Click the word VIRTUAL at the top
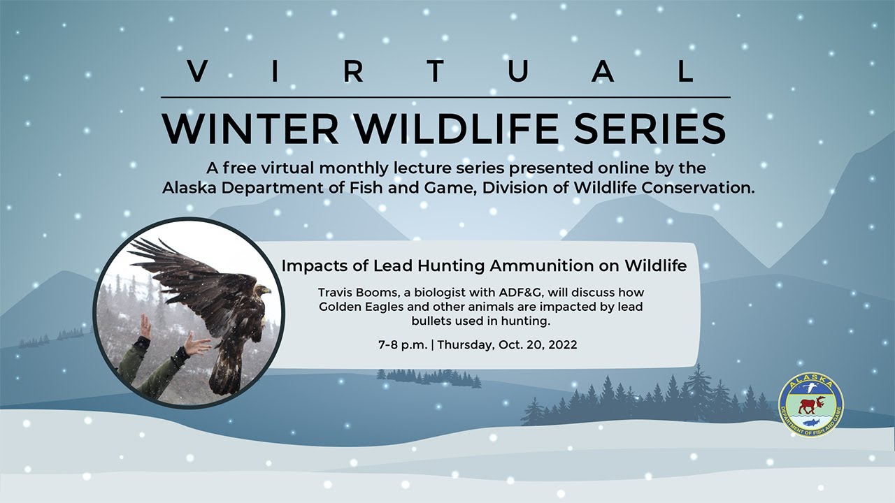coord(442,72)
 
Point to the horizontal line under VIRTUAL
coord(445,97)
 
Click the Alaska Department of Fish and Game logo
coord(810,405)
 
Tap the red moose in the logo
coord(811,404)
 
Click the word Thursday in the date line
coord(466,344)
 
